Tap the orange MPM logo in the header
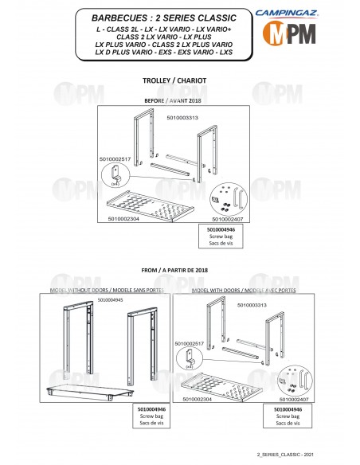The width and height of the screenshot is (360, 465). [x=311, y=33]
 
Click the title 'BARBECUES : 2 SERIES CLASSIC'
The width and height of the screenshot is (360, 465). [x=157, y=16]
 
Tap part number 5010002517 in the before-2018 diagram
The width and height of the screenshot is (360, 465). [x=114, y=159]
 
